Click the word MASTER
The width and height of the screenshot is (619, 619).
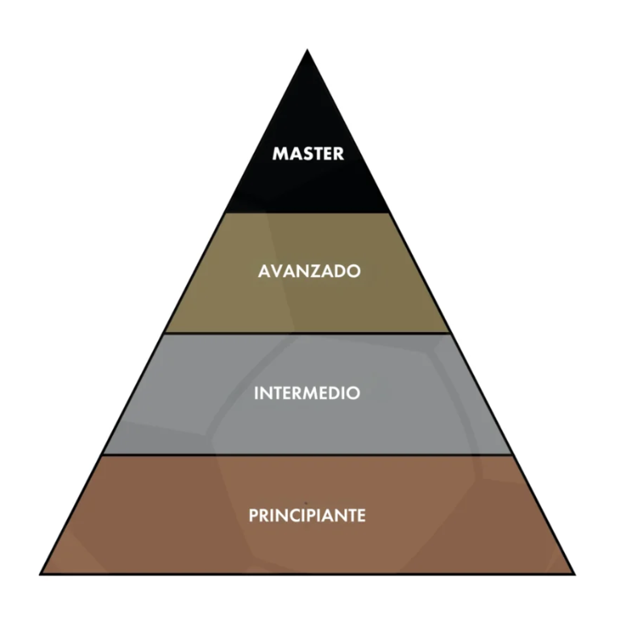click(308, 153)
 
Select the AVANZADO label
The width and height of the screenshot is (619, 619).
click(309, 272)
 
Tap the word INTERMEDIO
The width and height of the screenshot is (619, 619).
click(307, 393)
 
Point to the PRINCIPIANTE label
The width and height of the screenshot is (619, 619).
click(307, 514)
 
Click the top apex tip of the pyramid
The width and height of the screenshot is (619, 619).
click(307, 51)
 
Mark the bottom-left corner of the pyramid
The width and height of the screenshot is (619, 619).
click(42, 573)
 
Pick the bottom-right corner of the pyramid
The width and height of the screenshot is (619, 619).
click(573, 573)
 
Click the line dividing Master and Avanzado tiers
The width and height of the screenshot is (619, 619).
click(307, 213)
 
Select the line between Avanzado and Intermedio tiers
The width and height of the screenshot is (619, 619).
click(307, 333)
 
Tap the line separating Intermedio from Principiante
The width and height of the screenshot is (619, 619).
click(307, 454)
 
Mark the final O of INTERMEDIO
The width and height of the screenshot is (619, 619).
click(354, 393)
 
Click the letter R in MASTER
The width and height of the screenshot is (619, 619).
click(339, 153)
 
